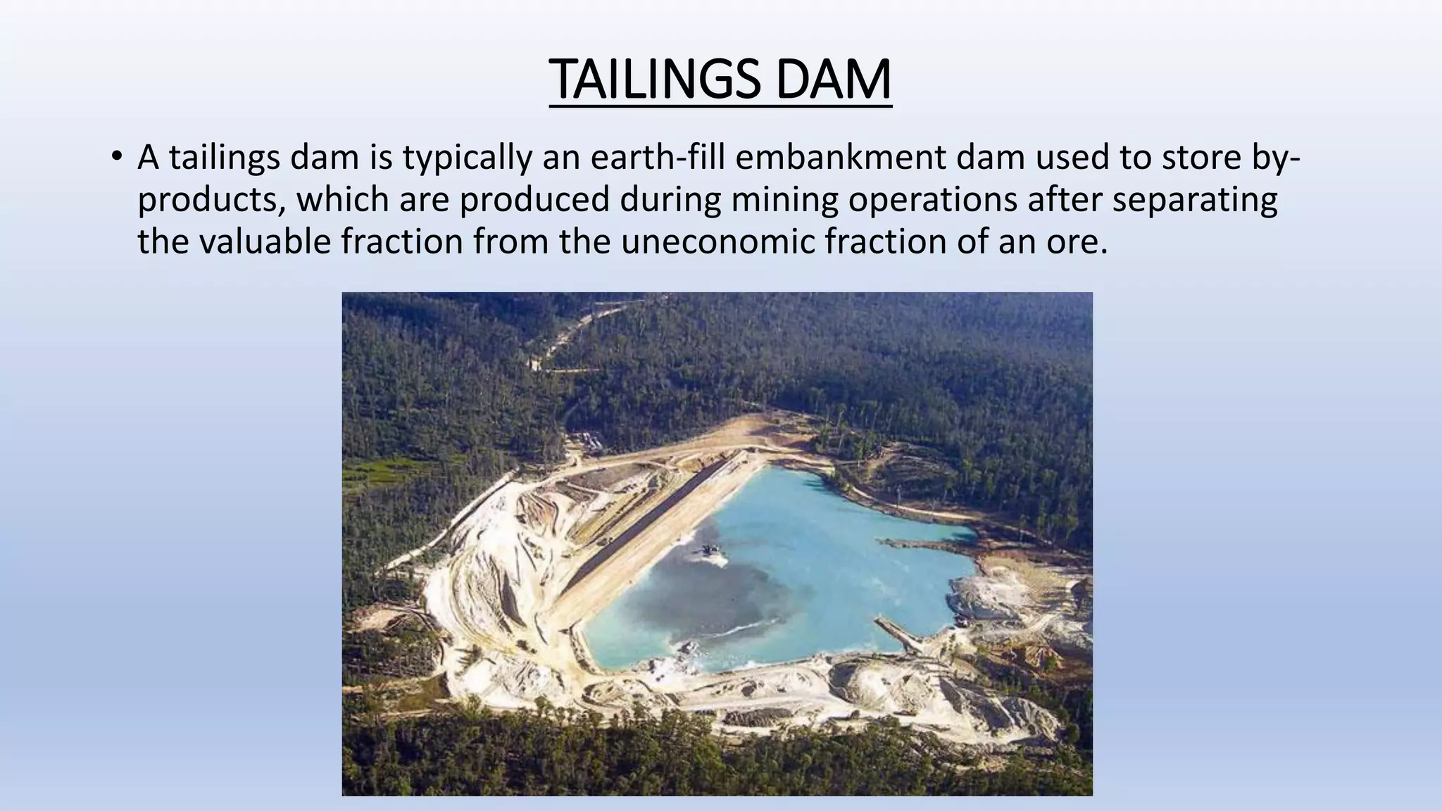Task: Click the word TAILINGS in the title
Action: tap(654, 80)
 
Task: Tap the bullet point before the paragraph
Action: tap(117, 156)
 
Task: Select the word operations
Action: tap(932, 200)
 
